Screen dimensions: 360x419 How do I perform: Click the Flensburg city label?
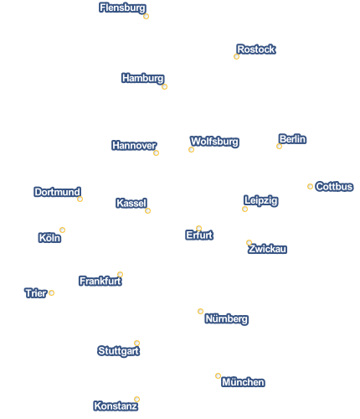click(122, 8)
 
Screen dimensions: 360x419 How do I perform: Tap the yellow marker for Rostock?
click(236, 57)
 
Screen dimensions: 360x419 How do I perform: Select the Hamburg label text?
click(143, 78)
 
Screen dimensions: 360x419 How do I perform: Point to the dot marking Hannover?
click(156, 153)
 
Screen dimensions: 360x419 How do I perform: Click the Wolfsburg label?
click(214, 142)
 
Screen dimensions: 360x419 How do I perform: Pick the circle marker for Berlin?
click(279, 146)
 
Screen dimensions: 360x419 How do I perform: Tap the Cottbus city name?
click(334, 187)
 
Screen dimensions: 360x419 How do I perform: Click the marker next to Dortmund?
click(80, 199)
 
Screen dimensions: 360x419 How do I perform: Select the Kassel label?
click(131, 203)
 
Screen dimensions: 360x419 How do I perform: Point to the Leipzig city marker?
click(244, 209)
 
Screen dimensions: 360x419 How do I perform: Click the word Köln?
click(49, 238)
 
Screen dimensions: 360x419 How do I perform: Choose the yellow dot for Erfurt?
click(198, 228)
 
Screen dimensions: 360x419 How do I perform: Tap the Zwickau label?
click(267, 249)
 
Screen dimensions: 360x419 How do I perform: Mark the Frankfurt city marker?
click(120, 274)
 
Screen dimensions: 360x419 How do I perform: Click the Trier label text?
click(36, 293)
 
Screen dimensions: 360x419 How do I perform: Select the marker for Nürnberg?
click(200, 311)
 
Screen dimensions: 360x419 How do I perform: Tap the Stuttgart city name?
click(119, 351)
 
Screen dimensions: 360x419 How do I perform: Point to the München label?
click(243, 382)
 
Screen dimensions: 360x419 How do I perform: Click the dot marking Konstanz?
click(136, 399)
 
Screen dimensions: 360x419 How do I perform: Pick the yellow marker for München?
click(218, 375)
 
